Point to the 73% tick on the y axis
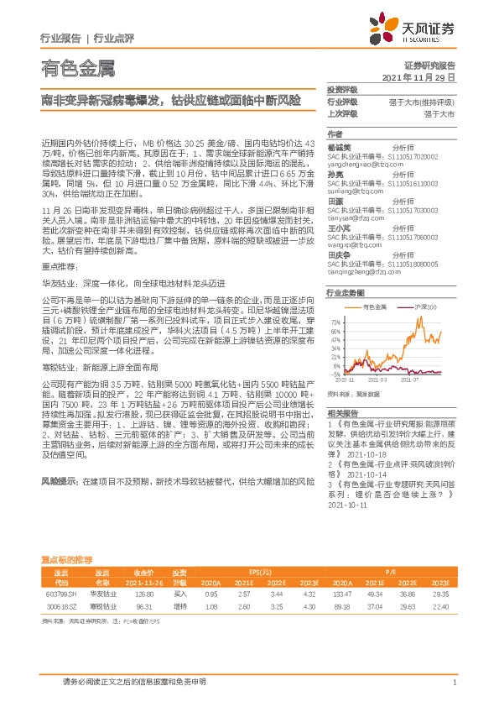tap(335, 321)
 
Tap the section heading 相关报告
tap(341, 412)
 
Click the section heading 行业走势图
tap(345, 294)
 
